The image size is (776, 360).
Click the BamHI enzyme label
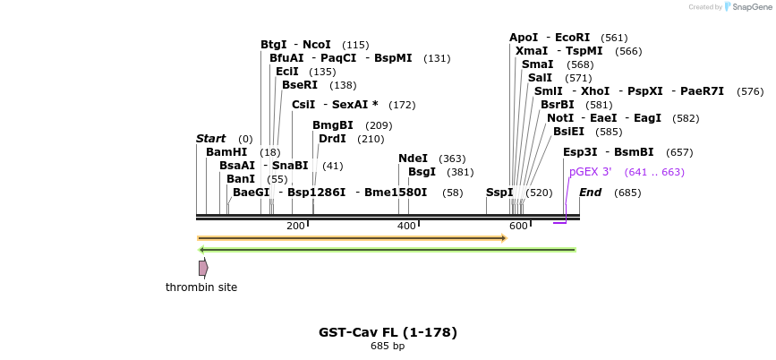point(226,152)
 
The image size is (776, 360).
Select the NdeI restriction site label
point(413,159)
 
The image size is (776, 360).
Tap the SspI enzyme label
point(499,193)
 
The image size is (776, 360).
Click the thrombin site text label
point(201,287)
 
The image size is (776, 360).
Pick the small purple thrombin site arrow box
point(203,268)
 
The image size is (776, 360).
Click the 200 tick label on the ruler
point(295,226)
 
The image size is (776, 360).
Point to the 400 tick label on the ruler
point(406,226)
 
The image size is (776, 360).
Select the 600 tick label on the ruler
point(518,226)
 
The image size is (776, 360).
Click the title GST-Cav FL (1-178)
point(388,332)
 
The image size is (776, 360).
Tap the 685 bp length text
point(388,347)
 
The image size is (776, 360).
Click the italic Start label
point(210,139)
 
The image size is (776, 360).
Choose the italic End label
point(590,193)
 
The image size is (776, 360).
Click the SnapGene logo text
point(751,6)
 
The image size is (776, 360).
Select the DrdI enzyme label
point(332,139)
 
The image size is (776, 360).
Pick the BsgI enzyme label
point(422,172)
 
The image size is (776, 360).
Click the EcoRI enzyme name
point(573,38)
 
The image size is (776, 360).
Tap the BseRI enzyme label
point(300,85)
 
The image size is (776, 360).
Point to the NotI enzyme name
point(560,118)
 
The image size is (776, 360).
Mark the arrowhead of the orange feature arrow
point(505,238)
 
